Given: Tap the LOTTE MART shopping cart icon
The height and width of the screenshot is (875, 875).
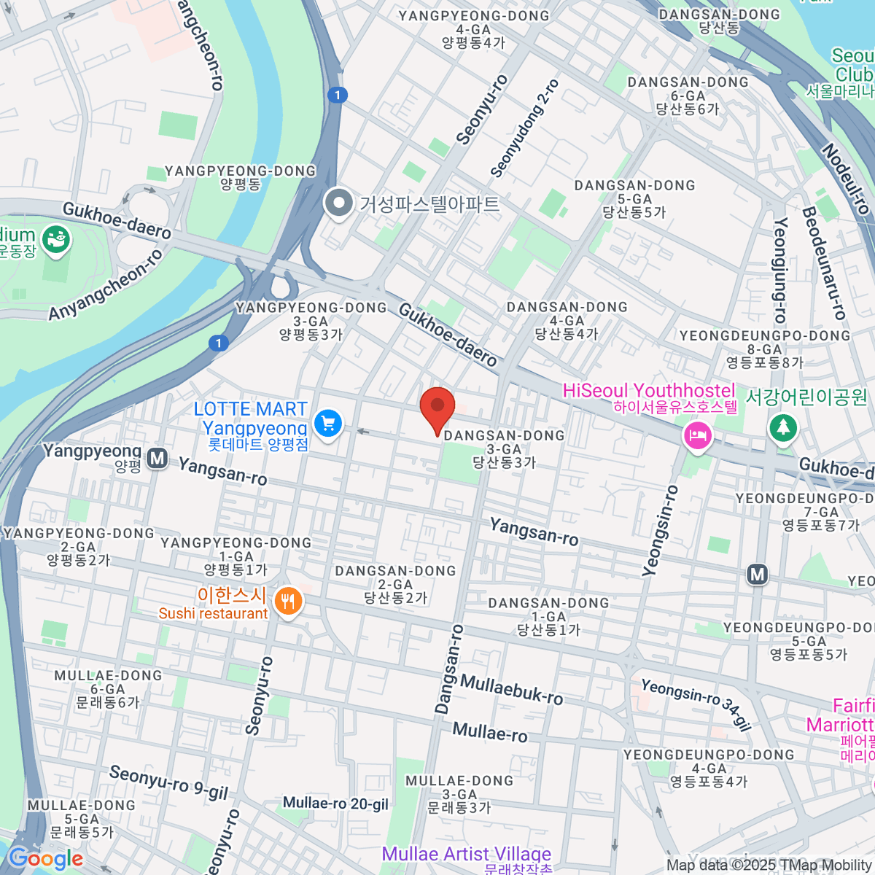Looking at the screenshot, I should click(327, 423).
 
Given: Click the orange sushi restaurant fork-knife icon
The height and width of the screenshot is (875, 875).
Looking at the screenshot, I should click(289, 601).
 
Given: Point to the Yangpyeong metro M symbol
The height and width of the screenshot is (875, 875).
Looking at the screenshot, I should click(157, 459).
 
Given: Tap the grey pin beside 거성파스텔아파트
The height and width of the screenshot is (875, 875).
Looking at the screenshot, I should click(338, 203).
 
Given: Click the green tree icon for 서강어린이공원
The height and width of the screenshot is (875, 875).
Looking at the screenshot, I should click(783, 427).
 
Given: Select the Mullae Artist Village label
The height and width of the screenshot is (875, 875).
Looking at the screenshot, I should click(466, 854).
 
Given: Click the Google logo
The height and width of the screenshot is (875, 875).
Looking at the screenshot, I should click(45, 858).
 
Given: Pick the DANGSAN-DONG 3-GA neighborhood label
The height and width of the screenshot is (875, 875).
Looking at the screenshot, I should click(504, 448).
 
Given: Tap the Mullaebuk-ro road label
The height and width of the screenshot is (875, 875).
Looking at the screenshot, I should click(512, 690).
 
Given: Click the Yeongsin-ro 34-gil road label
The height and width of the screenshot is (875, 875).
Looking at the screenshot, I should click(696, 704).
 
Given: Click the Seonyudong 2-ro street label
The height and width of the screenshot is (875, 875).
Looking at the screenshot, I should click(524, 128).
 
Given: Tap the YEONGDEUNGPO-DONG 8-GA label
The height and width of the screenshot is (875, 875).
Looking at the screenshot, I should click(764, 349).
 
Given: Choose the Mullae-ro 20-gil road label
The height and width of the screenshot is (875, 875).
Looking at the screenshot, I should click(335, 804).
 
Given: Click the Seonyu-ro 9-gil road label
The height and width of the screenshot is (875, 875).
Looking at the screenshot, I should click(168, 782).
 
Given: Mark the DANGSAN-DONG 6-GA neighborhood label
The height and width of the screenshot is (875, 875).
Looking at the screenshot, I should click(688, 95).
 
